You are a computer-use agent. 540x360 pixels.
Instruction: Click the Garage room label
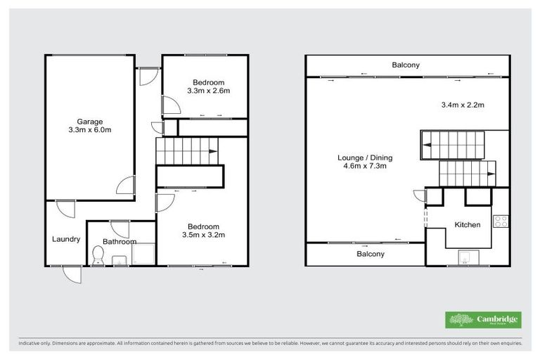tap(90, 121)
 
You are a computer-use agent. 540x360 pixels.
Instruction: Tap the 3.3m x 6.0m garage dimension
tap(90, 130)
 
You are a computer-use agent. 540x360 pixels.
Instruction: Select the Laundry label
tap(66, 239)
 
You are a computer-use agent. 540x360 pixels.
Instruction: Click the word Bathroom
tap(119, 242)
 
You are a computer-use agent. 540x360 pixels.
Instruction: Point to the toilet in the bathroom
tap(98, 258)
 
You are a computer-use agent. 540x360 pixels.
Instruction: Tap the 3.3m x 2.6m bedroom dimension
tap(209, 91)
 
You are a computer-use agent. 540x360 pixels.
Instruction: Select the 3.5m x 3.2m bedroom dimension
tap(203, 235)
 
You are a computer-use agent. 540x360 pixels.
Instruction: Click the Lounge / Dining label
tap(365, 157)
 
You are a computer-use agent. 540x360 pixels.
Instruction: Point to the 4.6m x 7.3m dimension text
tap(365, 167)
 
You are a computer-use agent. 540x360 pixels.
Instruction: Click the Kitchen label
tap(467, 225)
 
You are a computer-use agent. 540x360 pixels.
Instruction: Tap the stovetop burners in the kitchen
tap(502, 222)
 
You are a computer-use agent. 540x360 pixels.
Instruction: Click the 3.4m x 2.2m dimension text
tap(462, 105)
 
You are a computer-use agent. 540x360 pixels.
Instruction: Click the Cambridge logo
tap(482, 319)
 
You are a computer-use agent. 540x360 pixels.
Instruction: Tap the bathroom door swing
tap(119, 229)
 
